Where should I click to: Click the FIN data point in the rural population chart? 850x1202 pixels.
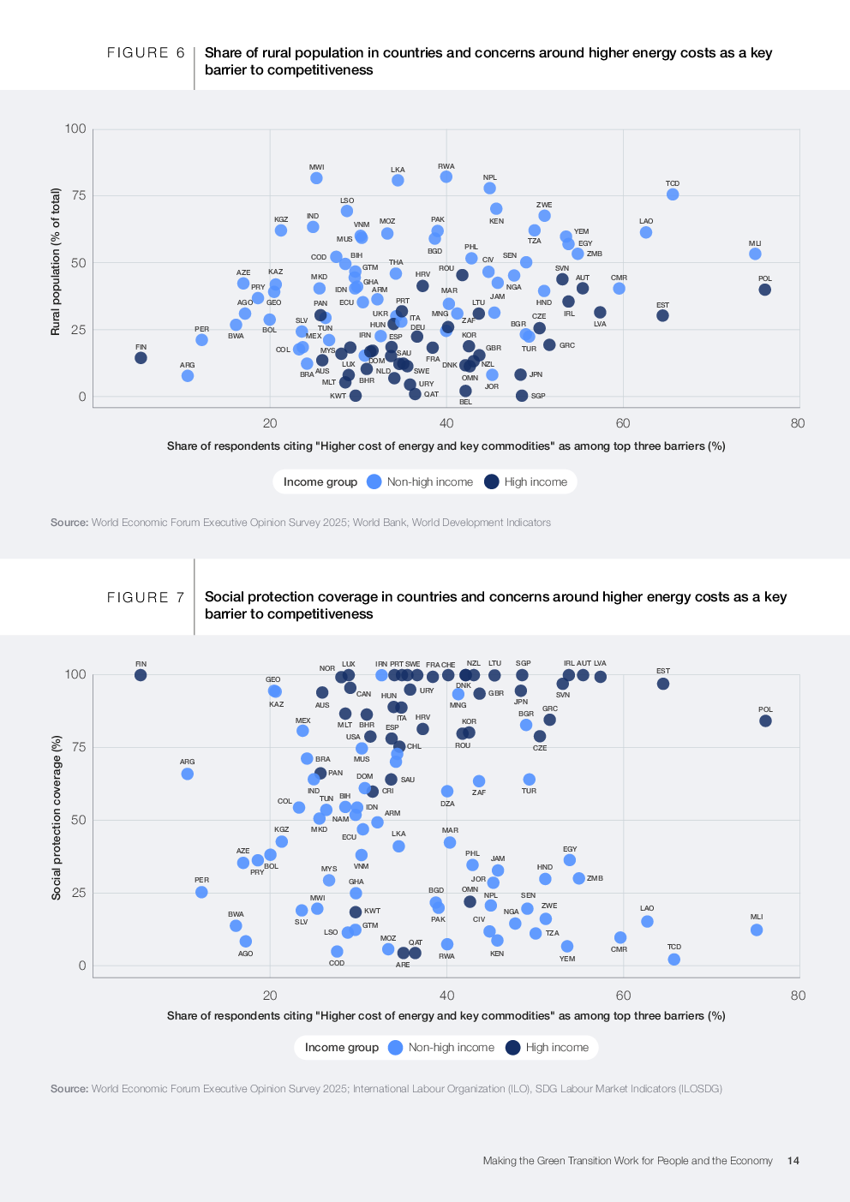pos(141,358)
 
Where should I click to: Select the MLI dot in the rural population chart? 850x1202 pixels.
pos(755,254)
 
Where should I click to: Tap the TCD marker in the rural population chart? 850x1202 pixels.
pos(673,194)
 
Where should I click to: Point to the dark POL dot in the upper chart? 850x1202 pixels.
pos(765,290)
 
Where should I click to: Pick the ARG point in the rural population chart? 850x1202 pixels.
pos(188,376)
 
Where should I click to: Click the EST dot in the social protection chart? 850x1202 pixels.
pos(663,684)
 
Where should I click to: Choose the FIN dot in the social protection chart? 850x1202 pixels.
pos(141,675)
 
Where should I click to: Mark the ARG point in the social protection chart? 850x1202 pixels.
pos(188,774)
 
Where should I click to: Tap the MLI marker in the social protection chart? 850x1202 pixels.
pos(757,930)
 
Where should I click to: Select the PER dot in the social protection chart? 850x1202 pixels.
pos(201,892)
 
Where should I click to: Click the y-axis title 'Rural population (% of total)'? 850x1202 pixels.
pos(56,261)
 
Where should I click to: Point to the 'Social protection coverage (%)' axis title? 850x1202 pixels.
pos(57,817)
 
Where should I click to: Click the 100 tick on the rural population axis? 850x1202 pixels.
pos(75,129)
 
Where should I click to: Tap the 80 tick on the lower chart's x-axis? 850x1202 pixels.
pos(798,996)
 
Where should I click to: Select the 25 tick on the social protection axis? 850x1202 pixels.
pos(78,893)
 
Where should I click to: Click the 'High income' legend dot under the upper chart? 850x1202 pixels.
pos(492,481)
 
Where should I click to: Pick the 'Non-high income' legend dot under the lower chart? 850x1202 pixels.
pos(396,1047)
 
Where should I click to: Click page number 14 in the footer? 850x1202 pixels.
pos(793,1161)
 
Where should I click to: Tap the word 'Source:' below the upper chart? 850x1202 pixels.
pos(69,523)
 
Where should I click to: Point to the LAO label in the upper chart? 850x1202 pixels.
pos(646,221)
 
